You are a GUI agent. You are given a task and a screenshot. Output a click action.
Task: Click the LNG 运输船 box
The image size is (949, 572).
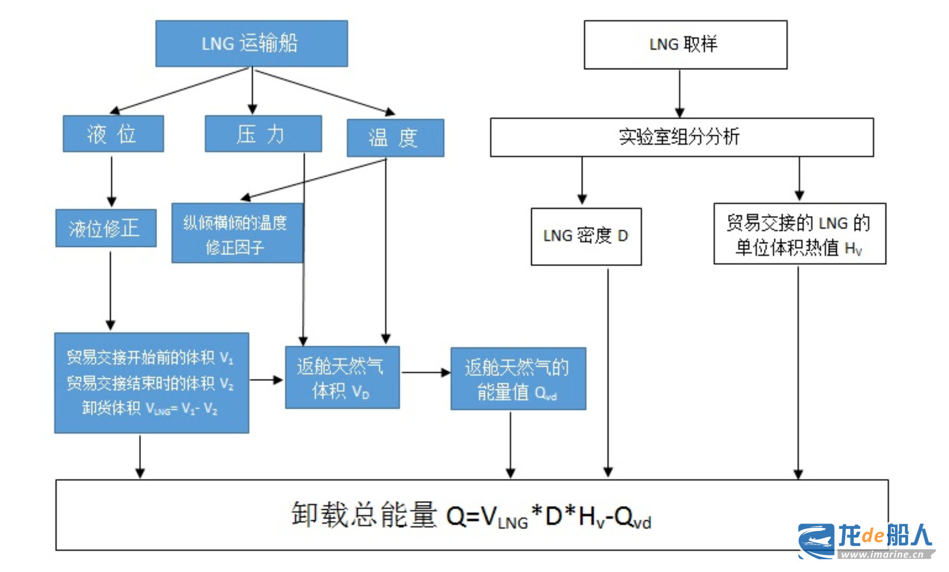tap(251, 44)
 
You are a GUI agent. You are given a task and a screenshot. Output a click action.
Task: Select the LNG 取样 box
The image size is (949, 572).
tap(685, 45)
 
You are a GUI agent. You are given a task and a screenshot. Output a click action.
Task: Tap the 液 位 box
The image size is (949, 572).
tap(113, 134)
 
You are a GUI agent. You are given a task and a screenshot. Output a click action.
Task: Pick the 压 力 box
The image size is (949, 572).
tap(263, 134)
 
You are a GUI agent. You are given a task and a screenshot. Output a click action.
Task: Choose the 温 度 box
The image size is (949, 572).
tap(395, 138)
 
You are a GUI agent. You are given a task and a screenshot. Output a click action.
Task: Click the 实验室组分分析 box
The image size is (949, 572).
tap(681, 137)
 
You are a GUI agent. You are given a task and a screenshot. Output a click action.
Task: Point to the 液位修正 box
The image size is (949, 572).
tap(106, 228)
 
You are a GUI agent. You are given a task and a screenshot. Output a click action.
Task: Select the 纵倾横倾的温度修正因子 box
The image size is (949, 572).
tap(237, 233)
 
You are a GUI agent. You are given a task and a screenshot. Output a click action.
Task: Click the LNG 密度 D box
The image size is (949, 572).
tap(586, 236)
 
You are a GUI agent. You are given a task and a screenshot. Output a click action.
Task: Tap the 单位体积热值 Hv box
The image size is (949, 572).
tap(799, 234)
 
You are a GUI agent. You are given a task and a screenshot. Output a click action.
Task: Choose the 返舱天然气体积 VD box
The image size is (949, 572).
tap(342, 378)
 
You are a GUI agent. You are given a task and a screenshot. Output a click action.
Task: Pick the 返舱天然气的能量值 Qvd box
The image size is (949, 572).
tap(518, 379)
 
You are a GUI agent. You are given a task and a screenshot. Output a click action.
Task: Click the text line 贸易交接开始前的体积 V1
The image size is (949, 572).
tap(150, 358)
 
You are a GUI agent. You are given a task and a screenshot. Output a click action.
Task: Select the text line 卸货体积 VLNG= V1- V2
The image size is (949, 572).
tap(150, 409)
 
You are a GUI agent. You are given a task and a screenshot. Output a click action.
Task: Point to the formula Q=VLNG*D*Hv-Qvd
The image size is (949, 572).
tap(548, 516)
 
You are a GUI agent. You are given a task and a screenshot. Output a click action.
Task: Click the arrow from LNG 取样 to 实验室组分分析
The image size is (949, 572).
tap(680, 93)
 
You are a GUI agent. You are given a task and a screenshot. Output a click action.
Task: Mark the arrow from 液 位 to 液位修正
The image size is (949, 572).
tap(111, 181)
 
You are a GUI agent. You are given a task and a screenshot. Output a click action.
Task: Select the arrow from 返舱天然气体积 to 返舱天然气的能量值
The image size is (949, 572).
tap(425, 372)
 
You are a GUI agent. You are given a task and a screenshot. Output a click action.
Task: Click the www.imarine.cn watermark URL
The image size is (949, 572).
tap(882, 554)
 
